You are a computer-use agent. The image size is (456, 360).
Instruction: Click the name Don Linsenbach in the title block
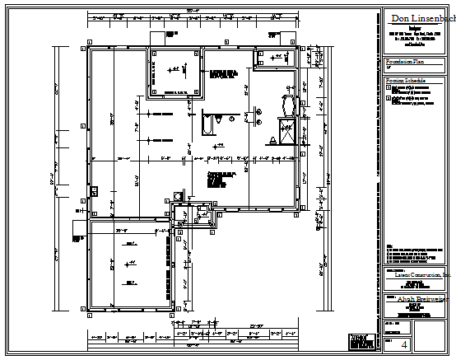(421, 18)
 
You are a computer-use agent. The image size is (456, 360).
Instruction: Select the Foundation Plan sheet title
(405, 62)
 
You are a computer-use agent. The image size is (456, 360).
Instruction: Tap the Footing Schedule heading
(406, 80)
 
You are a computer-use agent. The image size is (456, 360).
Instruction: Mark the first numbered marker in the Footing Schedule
(389, 86)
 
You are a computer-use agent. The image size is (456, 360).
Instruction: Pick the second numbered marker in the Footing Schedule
(389, 98)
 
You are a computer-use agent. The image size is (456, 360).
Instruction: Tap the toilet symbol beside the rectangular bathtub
(219, 121)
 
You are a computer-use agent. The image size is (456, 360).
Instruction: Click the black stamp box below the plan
(356, 340)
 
